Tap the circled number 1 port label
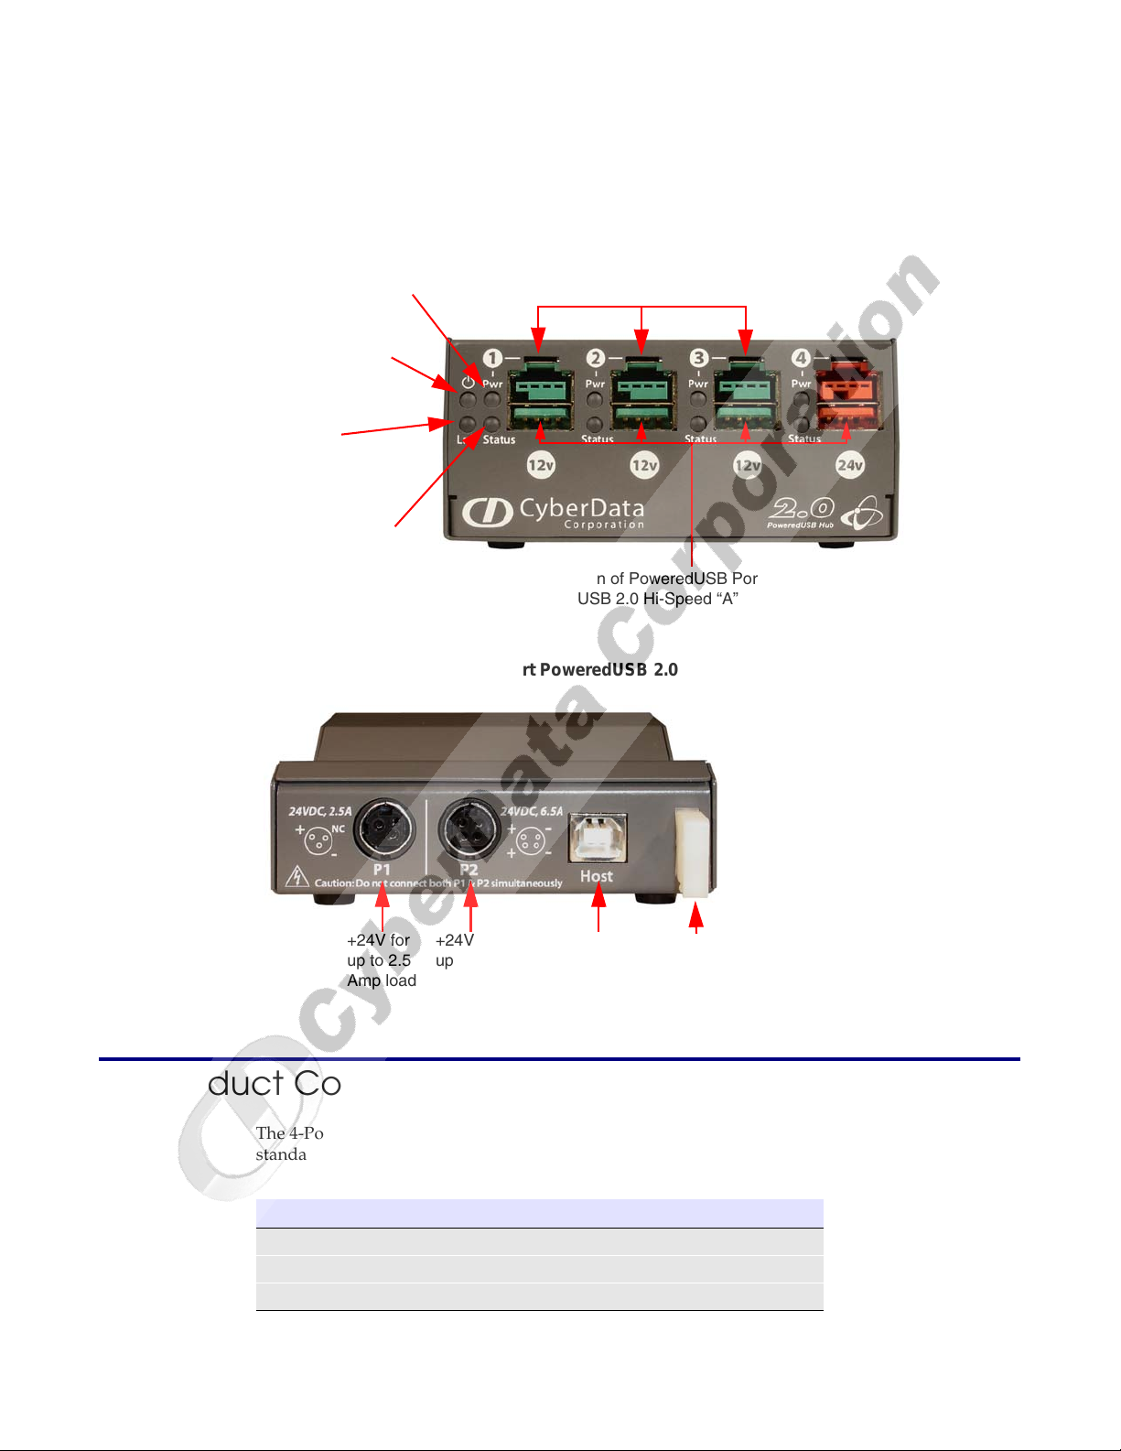492,358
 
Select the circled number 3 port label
699,358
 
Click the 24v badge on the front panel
850,465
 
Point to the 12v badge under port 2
644,465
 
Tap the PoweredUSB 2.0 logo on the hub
802,513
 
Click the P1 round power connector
384,829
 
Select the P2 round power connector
470,829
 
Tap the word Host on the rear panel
597,877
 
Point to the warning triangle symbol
296,878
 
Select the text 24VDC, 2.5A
320,811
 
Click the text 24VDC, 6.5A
532,811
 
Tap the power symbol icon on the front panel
468,383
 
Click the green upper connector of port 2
643,384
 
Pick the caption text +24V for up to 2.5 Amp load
382,960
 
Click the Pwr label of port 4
802,384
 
